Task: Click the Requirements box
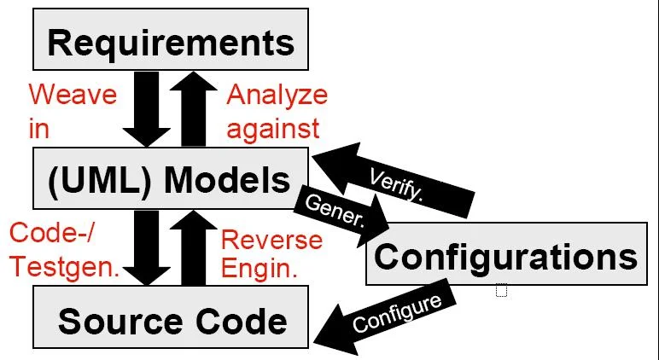click(x=171, y=39)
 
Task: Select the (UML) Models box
click(x=171, y=178)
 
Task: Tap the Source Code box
click(x=171, y=317)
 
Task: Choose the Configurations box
click(x=506, y=253)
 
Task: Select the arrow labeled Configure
click(x=384, y=317)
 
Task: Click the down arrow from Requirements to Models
click(x=146, y=109)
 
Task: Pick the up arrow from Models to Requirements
click(x=194, y=109)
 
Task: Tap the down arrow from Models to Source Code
click(x=146, y=248)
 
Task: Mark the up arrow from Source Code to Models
click(x=194, y=248)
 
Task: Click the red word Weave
click(x=73, y=94)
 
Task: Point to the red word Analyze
click(x=277, y=95)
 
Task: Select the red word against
click(x=273, y=129)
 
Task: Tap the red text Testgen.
click(x=65, y=267)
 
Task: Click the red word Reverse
click(x=272, y=241)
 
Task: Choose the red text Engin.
click(x=260, y=268)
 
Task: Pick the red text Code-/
click(x=52, y=232)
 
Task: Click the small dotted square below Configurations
click(x=501, y=291)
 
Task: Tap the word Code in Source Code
click(x=242, y=322)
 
